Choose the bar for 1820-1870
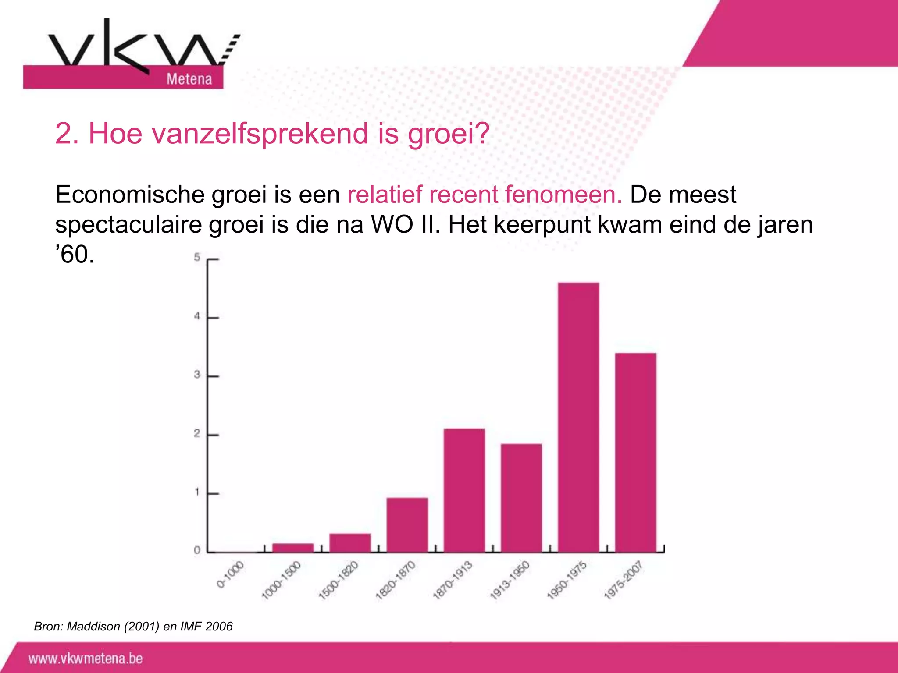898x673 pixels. coord(407,524)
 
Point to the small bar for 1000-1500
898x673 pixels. coord(293,547)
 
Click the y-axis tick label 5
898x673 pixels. coord(197,258)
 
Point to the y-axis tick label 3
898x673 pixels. coord(197,375)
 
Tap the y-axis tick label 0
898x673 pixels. coord(197,550)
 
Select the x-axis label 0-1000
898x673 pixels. coord(230,574)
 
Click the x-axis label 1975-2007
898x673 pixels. coord(624,580)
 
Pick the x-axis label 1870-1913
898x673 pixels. coord(453,580)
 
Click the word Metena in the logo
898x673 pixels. coord(189,79)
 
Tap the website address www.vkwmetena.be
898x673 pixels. coord(86,659)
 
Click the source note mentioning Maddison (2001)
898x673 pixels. coord(133,627)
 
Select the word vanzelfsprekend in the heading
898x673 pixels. coord(228,133)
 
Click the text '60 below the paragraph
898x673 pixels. coord(75,255)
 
